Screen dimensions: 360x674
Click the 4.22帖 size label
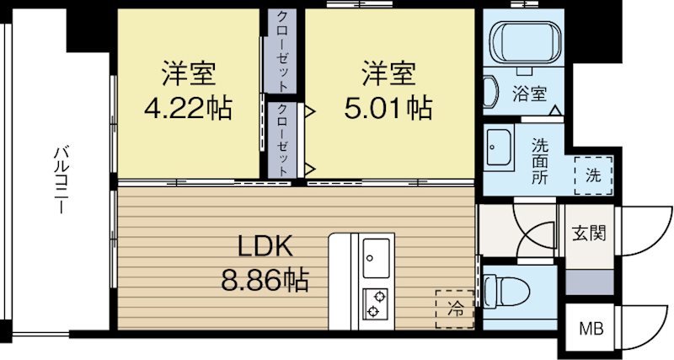tap(187, 108)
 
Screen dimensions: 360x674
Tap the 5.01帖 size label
tap(388, 108)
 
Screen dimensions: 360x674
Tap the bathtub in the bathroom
tap(525, 41)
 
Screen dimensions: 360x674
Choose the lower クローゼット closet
tap(282, 139)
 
